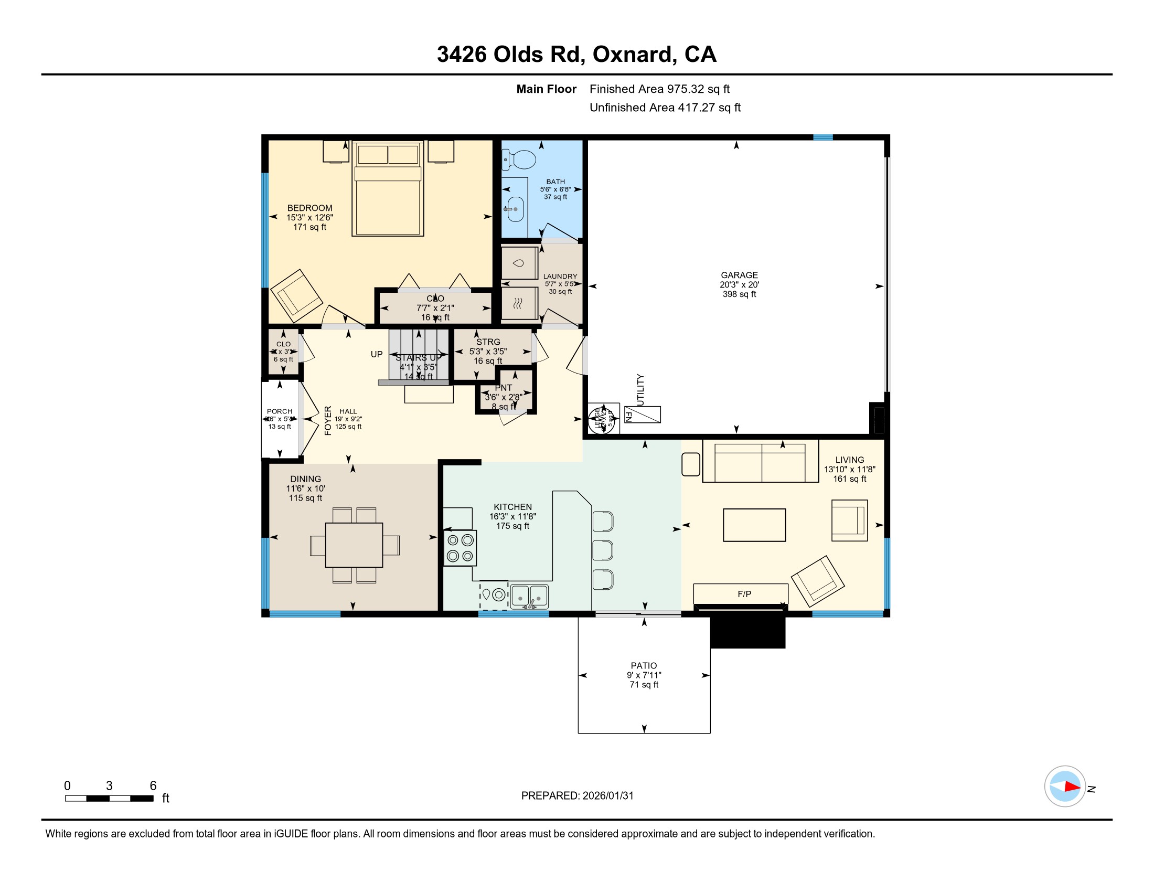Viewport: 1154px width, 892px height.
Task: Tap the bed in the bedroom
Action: point(388,190)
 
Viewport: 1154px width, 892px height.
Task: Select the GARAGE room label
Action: point(739,275)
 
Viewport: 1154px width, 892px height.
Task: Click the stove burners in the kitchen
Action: point(460,548)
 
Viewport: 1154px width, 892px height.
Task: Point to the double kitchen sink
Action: point(529,597)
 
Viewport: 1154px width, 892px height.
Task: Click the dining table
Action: point(354,545)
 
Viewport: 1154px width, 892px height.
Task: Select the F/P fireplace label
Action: point(744,594)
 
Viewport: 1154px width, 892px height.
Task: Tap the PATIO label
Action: point(644,666)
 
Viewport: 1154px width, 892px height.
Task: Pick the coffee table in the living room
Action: point(754,525)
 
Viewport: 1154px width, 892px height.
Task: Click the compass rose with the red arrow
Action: point(1064,787)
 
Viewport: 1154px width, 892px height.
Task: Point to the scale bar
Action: point(110,799)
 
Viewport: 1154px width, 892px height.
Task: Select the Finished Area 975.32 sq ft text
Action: point(659,89)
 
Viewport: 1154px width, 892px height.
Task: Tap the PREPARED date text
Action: point(577,796)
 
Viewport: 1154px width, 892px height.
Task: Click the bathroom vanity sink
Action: point(515,209)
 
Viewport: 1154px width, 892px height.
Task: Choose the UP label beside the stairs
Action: point(376,355)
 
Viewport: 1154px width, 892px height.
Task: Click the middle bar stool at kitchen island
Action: point(602,550)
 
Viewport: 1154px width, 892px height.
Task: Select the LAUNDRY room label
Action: point(560,277)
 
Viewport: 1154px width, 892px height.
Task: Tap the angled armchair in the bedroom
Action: point(296,296)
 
